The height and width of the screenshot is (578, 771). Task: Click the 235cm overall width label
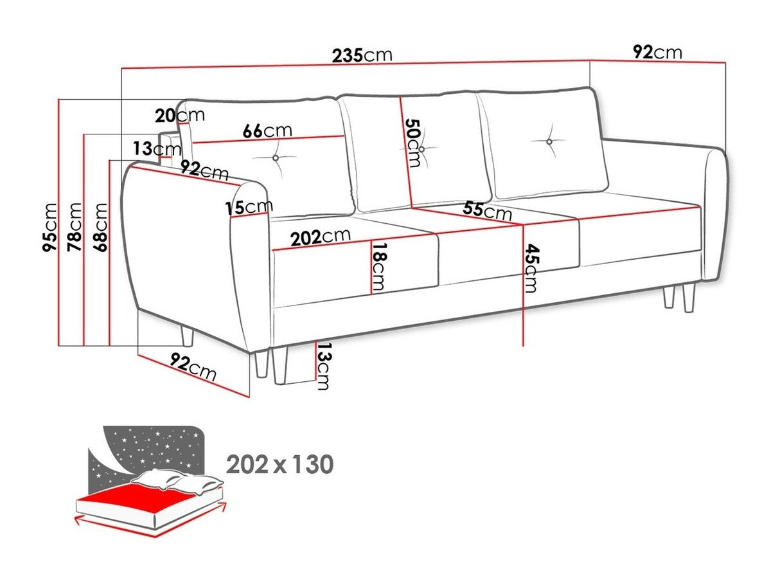click(362, 54)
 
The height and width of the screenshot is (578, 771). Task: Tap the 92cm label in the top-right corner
click(657, 52)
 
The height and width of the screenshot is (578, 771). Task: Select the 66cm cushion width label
click(267, 131)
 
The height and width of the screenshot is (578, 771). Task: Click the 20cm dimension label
click(179, 116)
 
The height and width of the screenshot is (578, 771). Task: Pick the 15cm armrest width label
click(249, 207)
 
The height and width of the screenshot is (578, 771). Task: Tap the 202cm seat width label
click(320, 237)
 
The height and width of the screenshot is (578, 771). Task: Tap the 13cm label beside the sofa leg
click(323, 366)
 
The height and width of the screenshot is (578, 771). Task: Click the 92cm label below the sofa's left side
click(192, 368)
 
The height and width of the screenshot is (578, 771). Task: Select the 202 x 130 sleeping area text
click(279, 464)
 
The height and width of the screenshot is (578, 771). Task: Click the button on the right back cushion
click(550, 141)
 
